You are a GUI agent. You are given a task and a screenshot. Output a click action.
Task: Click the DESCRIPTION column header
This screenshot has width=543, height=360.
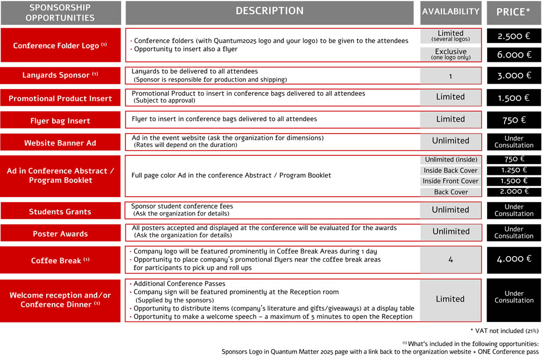270,11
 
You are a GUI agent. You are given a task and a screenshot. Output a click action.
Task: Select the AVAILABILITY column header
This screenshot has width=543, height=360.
451,11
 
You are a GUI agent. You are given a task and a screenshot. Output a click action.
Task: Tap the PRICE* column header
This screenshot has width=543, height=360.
514,12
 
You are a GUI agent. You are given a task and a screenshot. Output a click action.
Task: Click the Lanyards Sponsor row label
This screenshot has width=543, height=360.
60,75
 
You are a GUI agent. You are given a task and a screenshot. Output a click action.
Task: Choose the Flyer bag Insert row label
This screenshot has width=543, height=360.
60,120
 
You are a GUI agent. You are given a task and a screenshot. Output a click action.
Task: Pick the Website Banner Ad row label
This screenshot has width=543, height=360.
60,143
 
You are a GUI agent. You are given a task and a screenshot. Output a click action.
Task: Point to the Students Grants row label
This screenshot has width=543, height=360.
60,211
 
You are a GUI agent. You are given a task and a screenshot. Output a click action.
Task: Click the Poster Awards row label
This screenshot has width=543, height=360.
60,233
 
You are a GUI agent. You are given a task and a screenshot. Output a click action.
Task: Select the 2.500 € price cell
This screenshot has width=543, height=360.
514,36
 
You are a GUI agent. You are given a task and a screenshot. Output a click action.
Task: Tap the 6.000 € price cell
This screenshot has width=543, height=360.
514,54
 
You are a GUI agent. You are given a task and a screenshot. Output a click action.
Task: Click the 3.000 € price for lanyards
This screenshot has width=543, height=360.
514,75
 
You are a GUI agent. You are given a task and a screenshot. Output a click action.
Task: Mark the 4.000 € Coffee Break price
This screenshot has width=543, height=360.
514,259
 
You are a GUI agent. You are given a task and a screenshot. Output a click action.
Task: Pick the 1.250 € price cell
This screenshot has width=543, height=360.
514,170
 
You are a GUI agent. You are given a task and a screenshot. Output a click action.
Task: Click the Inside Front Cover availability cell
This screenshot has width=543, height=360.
451,181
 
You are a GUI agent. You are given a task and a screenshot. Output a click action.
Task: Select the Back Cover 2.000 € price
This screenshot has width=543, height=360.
514,192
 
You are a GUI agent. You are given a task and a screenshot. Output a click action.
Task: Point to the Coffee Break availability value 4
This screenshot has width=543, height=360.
451,260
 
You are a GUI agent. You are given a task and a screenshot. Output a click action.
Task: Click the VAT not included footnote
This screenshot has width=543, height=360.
504,331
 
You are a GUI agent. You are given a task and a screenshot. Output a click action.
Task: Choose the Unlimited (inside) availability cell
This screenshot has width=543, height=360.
451,160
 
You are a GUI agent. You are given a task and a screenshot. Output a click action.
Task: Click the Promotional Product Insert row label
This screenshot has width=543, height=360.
60,98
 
